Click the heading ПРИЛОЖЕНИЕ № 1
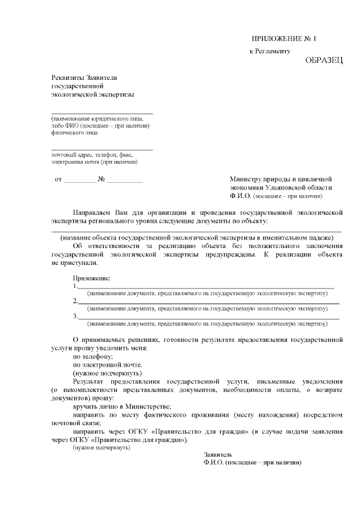[284, 39]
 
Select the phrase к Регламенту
[269, 51]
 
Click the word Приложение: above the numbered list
[92, 278]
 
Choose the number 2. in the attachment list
[75, 301]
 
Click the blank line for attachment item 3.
[209, 318]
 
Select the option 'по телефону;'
[93, 357]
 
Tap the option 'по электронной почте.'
[106, 364]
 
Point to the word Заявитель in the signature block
[218, 454]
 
